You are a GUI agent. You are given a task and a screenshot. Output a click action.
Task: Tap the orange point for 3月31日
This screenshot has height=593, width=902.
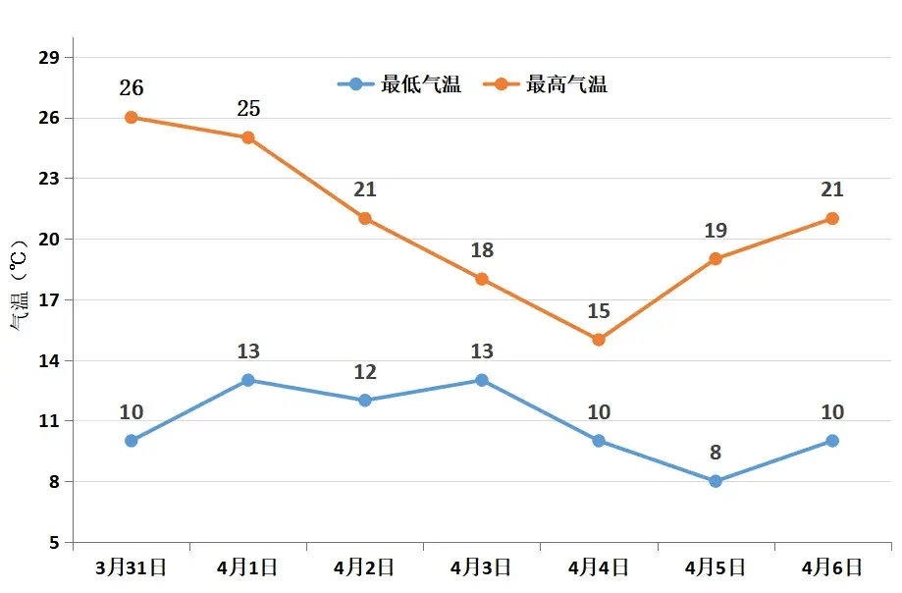click(132, 118)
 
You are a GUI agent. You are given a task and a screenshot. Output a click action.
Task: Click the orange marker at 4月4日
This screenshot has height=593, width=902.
click(599, 340)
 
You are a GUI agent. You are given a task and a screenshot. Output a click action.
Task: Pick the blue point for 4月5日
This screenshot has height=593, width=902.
click(716, 481)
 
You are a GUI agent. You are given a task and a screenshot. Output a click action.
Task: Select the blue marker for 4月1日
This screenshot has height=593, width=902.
click(248, 380)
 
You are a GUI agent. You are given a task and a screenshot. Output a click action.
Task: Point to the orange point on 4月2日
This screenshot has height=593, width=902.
click(365, 218)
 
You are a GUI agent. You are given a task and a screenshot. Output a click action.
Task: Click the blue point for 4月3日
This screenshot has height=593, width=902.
click(482, 380)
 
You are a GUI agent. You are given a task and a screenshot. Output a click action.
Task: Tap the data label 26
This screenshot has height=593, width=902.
click(132, 88)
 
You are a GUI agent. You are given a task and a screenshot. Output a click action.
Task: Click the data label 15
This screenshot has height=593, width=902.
click(599, 311)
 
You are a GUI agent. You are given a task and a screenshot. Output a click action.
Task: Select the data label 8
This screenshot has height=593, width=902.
click(716, 453)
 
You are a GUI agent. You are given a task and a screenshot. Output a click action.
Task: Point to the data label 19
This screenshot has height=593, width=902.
click(716, 231)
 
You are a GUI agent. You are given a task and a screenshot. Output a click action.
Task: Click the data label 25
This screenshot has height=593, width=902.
click(248, 109)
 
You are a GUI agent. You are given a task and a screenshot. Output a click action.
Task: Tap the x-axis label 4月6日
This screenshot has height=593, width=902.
click(832, 567)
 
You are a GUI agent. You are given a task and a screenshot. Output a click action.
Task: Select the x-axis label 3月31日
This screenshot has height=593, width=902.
click(132, 567)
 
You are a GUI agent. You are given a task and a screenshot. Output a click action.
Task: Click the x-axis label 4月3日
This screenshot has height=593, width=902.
click(482, 567)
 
